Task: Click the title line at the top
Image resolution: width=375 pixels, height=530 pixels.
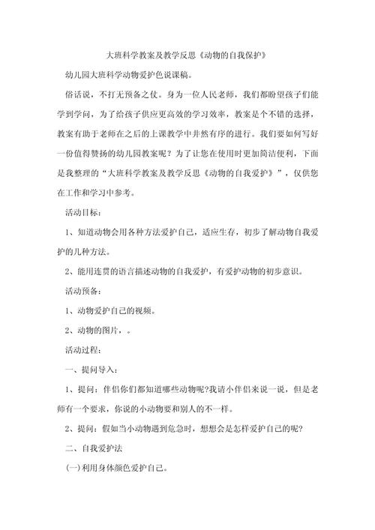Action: pyautogui.click(x=187, y=56)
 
